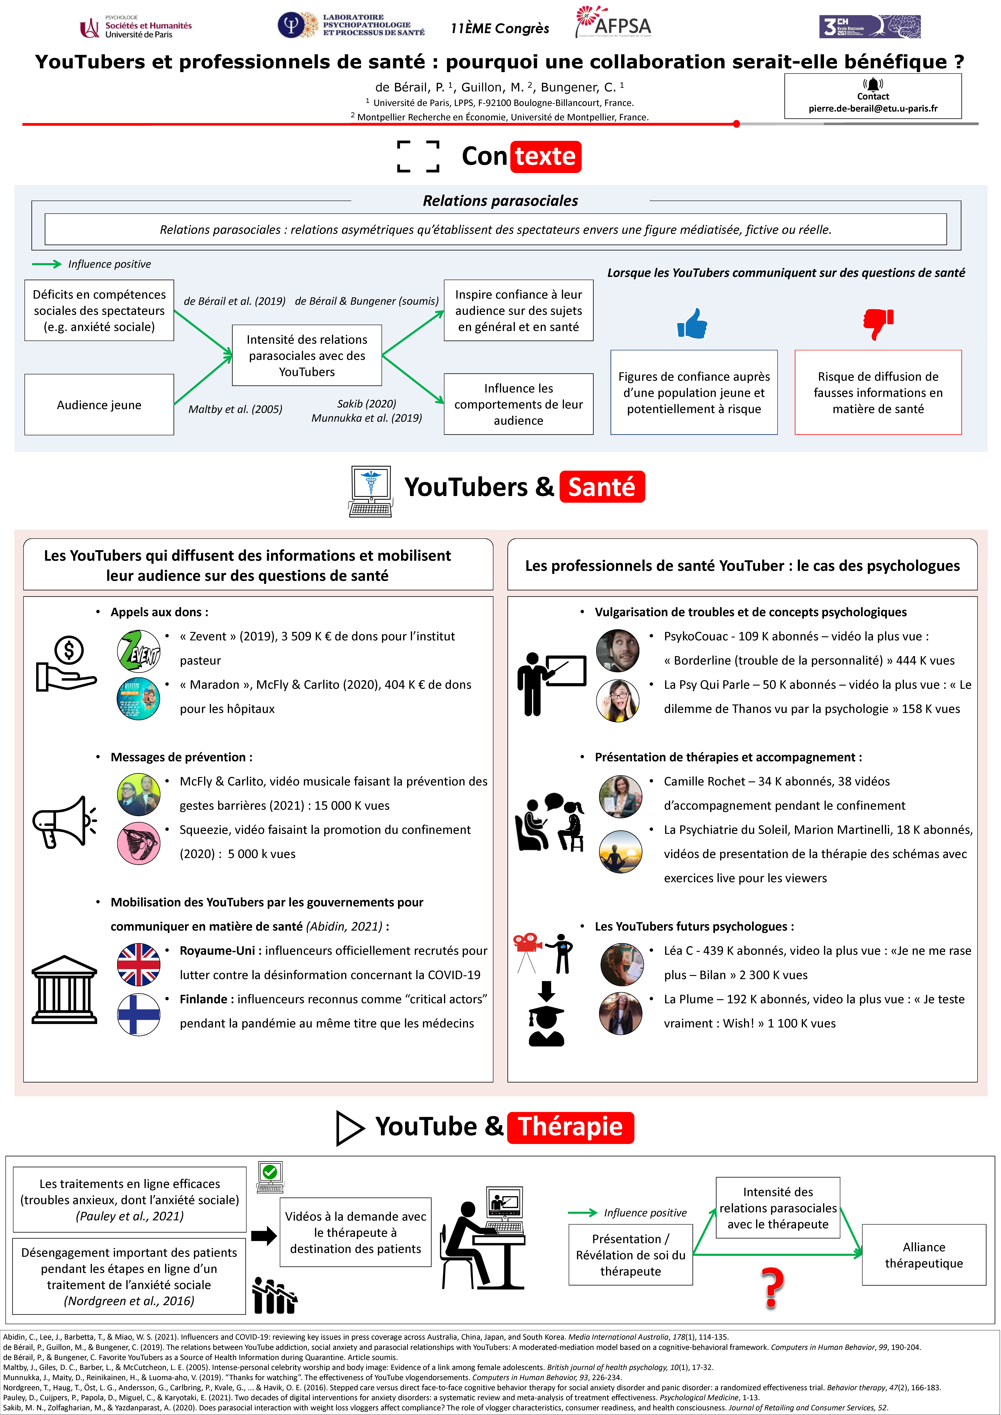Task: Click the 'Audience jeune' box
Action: tap(99, 405)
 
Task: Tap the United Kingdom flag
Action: tap(139, 964)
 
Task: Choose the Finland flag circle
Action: tap(139, 1014)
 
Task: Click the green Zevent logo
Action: tap(139, 650)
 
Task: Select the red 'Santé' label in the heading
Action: tap(602, 487)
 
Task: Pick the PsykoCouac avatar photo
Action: tap(618, 650)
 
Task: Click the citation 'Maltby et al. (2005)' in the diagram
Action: tap(236, 409)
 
